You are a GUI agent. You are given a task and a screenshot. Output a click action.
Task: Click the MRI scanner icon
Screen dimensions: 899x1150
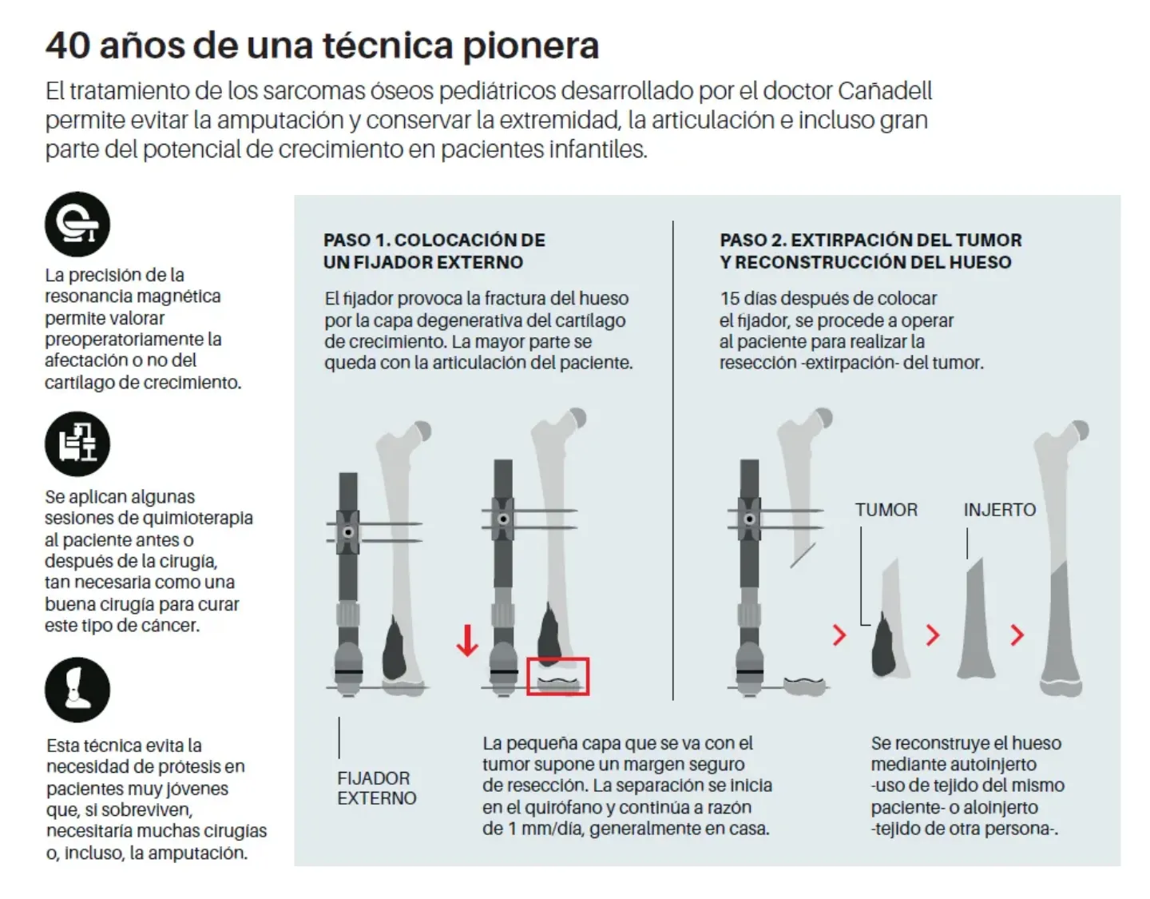[77, 225]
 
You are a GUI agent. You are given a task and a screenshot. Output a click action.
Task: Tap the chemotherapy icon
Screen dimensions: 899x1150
[77, 444]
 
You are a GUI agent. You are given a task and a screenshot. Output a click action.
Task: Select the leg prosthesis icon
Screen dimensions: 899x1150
[77, 690]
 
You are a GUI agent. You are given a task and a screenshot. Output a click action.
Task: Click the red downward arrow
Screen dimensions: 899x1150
[467, 639]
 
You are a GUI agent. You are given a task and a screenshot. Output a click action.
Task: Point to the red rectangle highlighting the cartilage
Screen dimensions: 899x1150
[557, 676]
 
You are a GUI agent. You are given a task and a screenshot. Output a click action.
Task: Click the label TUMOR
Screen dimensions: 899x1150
[886, 510]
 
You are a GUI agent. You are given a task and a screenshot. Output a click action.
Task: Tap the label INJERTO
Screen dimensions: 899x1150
[999, 510]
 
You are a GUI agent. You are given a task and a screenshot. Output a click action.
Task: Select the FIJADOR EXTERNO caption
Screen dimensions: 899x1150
[376, 788]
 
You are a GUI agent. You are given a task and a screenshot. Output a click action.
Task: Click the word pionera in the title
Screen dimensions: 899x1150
[530, 46]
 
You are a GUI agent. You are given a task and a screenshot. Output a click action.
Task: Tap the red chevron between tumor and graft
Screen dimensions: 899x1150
[933, 635]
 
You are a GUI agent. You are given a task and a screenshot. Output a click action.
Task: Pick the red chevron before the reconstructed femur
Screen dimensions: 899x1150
[1017, 635]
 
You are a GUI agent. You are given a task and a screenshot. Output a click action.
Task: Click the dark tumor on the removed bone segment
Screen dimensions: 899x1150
[883, 645]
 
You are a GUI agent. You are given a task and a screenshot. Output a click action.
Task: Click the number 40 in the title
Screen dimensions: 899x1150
[67, 46]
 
